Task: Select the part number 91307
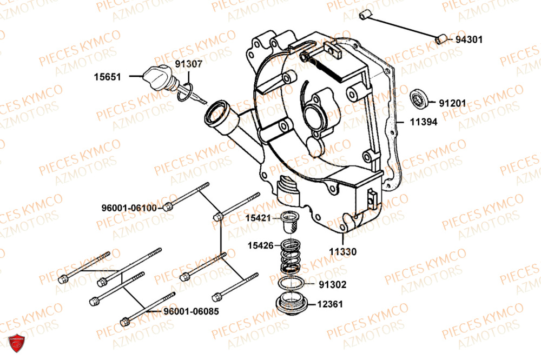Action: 189,64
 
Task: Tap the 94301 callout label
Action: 469,39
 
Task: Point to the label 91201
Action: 452,103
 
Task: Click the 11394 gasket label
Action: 424,122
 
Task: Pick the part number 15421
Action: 260,218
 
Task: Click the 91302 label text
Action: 333,284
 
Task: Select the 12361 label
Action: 329,304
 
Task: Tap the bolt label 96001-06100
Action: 129,208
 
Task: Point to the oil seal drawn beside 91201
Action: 420,99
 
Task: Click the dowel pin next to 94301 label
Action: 441,38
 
